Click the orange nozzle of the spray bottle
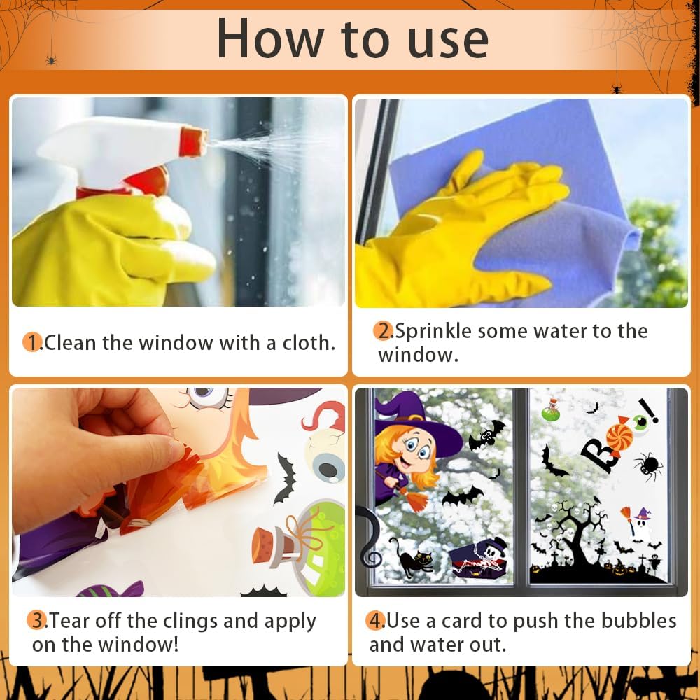pos(194,142)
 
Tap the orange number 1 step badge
pos(32,342)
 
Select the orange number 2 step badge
pos(383,331)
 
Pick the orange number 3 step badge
pos(36,620)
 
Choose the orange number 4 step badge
pos(376,620)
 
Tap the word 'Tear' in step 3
pos(70,620)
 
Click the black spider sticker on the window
pos(648,466)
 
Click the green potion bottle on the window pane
pos(552,411)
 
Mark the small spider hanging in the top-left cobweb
pos(51,59)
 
